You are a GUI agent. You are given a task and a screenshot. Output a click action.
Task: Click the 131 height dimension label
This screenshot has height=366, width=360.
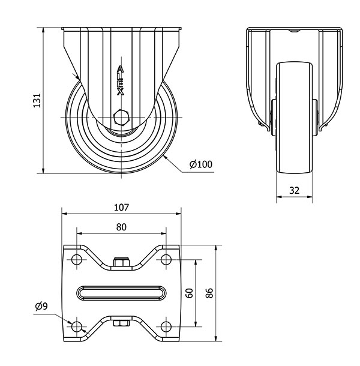point(37,101)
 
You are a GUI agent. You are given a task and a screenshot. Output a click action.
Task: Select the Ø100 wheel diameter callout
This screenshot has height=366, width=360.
point(201,164)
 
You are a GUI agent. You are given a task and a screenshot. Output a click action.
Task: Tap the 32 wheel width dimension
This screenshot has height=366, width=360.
point(294,191)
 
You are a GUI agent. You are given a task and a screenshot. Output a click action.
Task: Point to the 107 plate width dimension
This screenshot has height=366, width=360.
point(121,207)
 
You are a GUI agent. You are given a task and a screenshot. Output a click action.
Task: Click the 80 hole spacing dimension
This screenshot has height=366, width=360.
point(121,227)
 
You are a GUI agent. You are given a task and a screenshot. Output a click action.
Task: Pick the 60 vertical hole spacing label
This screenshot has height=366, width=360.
point(190,293)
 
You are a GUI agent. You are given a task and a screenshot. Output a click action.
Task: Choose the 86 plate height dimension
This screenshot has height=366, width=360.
point(209,293)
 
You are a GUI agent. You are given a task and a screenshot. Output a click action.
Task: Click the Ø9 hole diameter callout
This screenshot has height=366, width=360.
point(41,306)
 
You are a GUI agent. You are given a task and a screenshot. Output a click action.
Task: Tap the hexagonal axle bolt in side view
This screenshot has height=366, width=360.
point(121,117)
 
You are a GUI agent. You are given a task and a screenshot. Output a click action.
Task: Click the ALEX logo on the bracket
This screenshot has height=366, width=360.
point(121,80)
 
